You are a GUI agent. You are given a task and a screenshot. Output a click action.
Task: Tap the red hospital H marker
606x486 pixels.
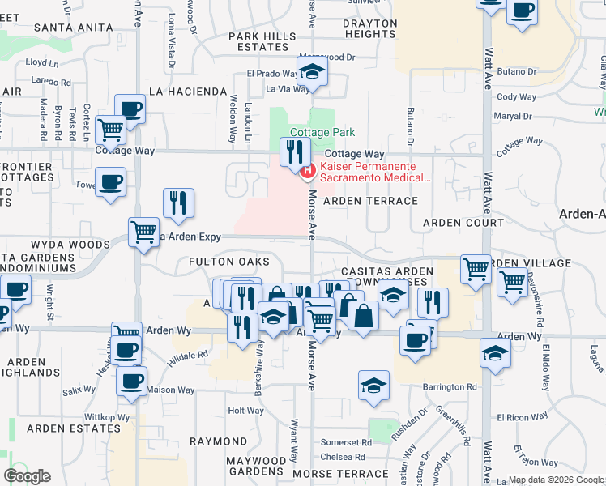(308, 171)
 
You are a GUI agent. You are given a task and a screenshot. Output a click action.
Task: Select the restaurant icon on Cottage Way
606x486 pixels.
(294, 151)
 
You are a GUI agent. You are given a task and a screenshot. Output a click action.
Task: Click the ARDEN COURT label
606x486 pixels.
(463, 223)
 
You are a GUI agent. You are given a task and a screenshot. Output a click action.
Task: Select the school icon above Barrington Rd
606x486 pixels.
(373, 387)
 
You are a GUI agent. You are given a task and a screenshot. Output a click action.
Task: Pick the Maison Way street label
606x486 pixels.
(170, 390)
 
